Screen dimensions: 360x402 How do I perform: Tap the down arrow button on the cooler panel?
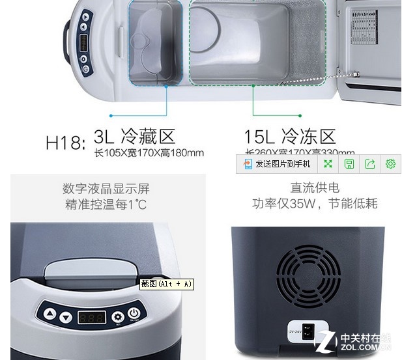click(65, 317)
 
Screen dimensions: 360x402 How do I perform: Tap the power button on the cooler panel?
click(134, 314)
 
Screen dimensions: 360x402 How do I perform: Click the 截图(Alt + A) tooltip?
click(166, 284)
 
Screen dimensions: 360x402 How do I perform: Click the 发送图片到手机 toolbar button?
click(278, 164)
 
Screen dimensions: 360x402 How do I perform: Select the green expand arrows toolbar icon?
click(328, 164)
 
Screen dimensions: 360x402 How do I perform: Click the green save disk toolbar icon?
click(349, 164)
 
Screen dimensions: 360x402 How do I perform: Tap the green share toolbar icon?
click(369, 164)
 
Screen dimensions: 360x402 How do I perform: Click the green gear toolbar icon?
click(390, 164)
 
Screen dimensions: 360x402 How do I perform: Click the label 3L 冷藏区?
click(135, 137)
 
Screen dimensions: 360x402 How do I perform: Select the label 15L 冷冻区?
click(290, 137)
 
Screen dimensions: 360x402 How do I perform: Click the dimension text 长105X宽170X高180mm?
click(149, 154)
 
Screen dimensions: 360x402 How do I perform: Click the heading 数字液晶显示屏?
click(106, 189)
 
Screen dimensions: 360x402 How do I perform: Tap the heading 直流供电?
click(315, 187)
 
